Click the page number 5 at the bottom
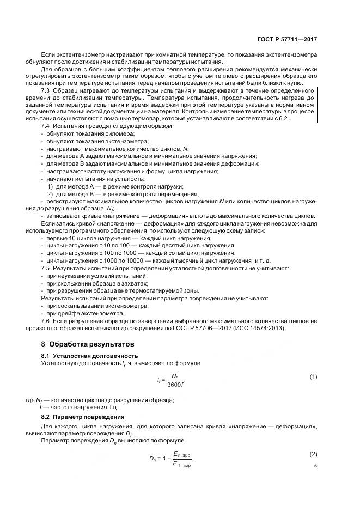click(x=315, y=466)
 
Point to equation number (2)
click(x=313, y=454)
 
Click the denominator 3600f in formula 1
click(x=176, y=385)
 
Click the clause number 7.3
click(x=46, y=90)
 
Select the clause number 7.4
click(x=46, y=126)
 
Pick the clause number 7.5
click(x=46, y=269)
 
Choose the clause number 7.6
click(x=46, y=321)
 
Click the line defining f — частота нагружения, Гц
click(x=78, y=407)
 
